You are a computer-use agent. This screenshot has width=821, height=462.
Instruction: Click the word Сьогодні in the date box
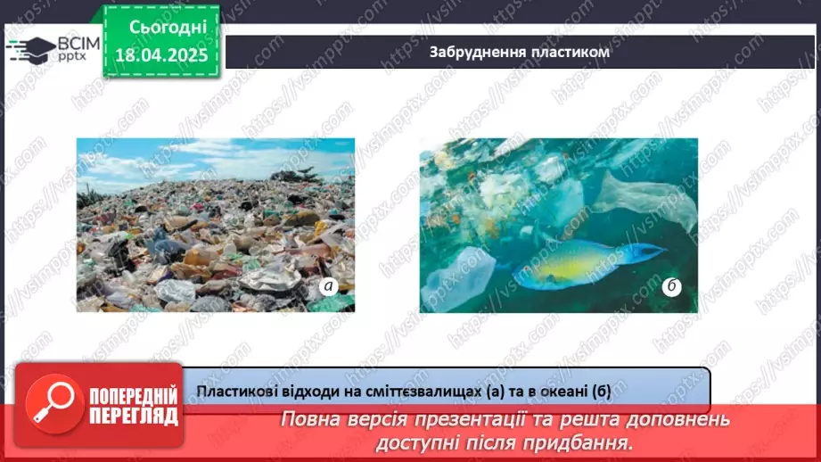168,28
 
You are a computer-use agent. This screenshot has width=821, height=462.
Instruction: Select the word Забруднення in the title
472,53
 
